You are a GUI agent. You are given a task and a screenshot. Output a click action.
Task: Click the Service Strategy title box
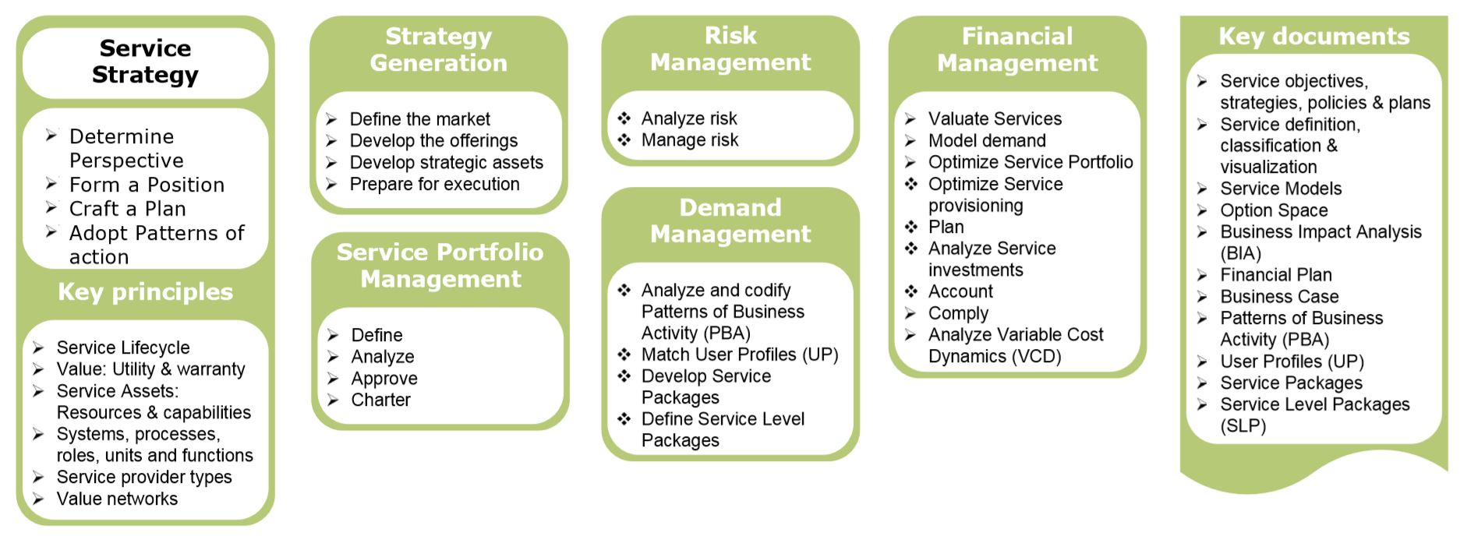[145, 62]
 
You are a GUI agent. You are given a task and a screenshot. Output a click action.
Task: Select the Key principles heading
[145, 291]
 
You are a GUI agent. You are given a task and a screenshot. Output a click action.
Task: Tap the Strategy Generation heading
[438, 49]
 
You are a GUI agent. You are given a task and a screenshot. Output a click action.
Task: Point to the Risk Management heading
[730, 48]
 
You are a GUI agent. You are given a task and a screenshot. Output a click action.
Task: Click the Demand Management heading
[730, 220]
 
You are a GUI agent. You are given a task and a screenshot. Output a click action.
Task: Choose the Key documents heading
[1314, 36]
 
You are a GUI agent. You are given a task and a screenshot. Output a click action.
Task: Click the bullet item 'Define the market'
[419, 119]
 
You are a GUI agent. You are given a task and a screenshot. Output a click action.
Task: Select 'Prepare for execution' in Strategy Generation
[434, 184]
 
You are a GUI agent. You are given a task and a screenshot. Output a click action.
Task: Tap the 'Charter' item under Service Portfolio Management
[380, 400]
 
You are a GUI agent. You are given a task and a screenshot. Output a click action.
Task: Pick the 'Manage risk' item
[689, 139]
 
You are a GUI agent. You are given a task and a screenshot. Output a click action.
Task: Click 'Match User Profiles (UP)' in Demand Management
[740, 354]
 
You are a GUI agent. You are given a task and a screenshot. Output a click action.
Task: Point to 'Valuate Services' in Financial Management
[995, 118]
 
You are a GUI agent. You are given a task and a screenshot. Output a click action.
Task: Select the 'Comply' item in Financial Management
[958, 313]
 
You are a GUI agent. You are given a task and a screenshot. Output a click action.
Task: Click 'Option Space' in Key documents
[1274, 210]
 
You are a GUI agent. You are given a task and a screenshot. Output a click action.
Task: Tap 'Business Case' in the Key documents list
[1279, 297]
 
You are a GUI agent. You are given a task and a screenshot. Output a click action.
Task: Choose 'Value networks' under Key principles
[117, 499]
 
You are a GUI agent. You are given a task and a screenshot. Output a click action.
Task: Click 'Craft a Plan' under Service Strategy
[127, 209]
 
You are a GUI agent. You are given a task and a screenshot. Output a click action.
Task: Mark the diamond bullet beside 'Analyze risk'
[624, 118]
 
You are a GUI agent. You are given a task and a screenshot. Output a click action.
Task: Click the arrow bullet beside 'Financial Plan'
[1203, 274]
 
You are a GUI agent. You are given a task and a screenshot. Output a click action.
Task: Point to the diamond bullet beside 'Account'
[911, 291]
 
